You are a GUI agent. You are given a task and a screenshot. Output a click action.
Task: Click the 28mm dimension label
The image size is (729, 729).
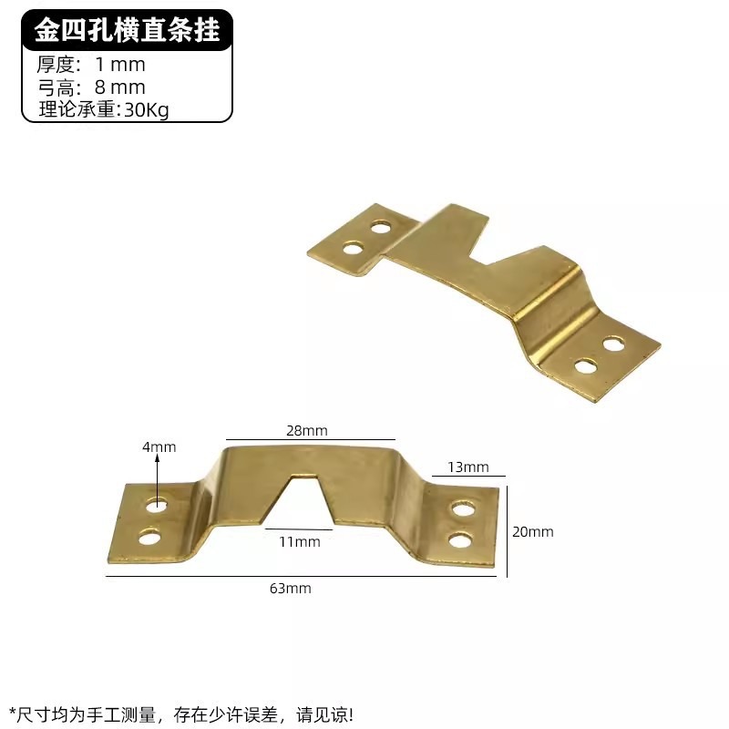[x=307, y=430]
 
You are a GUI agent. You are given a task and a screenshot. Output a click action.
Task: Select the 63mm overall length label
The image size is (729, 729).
[x=291, y=588]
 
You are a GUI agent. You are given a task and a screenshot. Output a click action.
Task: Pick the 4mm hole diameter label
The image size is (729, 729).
[x=159, y=447]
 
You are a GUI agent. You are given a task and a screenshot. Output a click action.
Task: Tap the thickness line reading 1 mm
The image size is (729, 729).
[x=91, y=65]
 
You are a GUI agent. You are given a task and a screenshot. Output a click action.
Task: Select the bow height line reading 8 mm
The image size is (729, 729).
[x=91, y=87]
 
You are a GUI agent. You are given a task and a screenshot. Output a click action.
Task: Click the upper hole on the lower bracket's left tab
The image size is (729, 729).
[x=157, y=505]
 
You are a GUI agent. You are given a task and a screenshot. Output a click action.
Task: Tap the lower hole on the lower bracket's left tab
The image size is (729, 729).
[x=149, y=537]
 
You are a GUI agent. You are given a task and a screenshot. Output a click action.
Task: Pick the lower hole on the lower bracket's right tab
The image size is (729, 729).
[x=462, y=541]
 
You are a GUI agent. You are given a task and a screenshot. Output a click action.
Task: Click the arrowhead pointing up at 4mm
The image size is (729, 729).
[x=158, y=460]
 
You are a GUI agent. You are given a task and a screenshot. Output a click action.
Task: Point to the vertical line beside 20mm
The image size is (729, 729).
[x=508, y=529]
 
